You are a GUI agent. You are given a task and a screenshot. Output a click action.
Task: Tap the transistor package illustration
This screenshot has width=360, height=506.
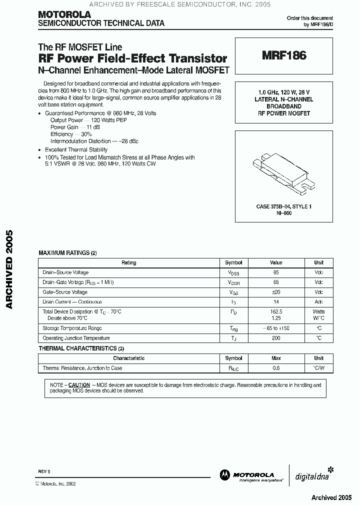pos(283,172)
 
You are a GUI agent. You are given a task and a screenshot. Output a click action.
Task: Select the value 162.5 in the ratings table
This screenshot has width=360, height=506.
pos(276,311)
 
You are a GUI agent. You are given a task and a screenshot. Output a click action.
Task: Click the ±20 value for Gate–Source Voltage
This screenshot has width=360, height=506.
pos(276,292)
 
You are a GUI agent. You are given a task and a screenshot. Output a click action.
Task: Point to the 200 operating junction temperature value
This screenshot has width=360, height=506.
pos(276,338)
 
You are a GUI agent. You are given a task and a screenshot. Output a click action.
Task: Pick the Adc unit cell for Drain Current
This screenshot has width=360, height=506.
pos(318,302)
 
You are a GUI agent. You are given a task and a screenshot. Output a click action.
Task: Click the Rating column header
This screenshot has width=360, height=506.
pos(129,262)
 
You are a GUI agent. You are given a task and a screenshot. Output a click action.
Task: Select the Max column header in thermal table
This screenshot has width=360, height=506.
pos(276,358)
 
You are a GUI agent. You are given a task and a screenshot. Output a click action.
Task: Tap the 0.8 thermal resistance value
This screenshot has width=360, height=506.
pos(276,368)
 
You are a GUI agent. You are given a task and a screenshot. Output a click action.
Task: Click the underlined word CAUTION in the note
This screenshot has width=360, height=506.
pos(79,385)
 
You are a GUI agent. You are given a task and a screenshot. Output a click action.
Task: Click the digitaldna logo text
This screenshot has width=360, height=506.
pos(308,476)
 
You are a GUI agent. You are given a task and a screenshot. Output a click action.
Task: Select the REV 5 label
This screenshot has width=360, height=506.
pos(44,471)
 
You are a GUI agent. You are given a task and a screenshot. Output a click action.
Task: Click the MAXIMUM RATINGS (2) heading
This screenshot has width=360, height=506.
pos(67,253)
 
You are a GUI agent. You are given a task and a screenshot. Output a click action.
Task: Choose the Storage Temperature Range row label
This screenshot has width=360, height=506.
pos(72,328)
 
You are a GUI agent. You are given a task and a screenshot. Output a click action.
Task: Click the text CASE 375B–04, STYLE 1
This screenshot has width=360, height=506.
pos(283,206)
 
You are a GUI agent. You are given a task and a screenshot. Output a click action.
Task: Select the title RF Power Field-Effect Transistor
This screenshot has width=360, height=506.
pos(133,58)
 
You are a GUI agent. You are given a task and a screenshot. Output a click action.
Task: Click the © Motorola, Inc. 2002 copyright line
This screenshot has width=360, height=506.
pos(55,484)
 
